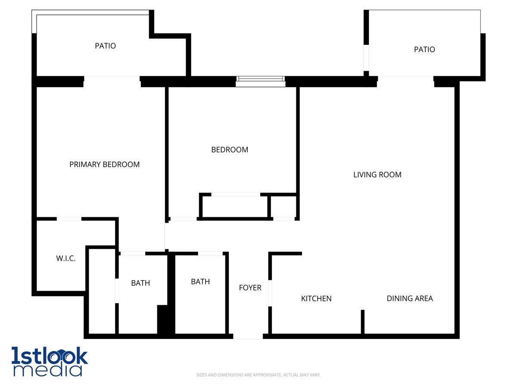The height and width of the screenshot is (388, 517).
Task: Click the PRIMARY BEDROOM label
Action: coord(104,164)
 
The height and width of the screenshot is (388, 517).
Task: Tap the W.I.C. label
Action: coord(65,259)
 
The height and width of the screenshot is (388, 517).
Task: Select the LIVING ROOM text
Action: coord(377,175)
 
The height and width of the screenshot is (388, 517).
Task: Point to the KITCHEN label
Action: coord(316,298)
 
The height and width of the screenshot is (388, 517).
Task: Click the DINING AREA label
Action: coord(409,298)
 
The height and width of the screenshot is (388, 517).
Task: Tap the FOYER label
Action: coord(250,288)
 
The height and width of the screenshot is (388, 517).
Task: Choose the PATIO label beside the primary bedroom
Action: coord(105,46)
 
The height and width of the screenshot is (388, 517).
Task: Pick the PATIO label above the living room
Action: coord(424,50)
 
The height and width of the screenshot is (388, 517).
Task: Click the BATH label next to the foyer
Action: coord(200,282)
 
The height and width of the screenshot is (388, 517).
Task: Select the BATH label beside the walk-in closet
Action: coord(140,283)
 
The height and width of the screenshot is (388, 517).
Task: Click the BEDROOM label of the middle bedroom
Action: coord(230,150)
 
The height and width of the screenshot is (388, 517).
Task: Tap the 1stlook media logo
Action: coord(50,361)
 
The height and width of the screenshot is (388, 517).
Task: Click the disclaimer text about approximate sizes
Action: coord(258,375)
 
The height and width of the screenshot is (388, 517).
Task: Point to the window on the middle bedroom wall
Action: coord(260,81)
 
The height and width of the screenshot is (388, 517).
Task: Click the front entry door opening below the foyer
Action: coord(248,336)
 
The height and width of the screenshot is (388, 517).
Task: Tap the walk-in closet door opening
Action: coord(69,219)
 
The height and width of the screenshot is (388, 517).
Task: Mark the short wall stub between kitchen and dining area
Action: coord(362,321)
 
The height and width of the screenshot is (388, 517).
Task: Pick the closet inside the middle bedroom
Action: coord(235,207)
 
